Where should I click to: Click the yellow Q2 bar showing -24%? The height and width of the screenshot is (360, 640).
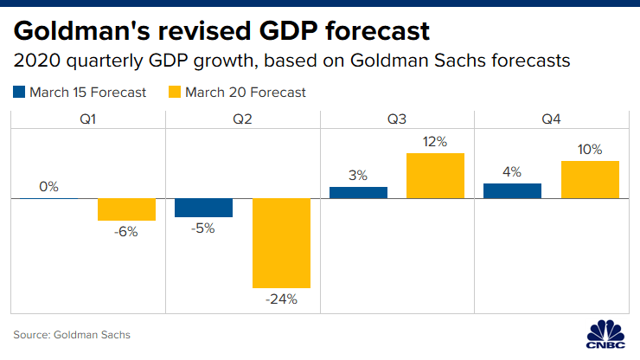click(x=282, y=243)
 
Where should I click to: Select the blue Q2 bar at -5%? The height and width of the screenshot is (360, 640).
click(x=203, y=208)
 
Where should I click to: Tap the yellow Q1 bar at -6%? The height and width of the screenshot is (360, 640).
click(x=126, y=209)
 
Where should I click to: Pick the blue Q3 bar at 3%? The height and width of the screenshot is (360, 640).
click(x=358, y=192)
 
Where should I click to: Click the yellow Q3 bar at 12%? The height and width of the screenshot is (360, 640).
click(x=435, y=176)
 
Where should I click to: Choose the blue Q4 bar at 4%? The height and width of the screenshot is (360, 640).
click(x=512, y=190)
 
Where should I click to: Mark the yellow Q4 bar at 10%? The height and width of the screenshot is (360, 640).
click(x=590, y=179)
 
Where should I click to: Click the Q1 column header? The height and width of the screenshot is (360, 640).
click(x=88, y=119)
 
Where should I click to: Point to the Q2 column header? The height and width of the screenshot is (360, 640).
click(x=243, y=119)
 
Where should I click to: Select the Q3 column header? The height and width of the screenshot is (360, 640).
click(x=398, y=119)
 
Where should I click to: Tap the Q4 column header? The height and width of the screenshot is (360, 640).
click(x=552, y=119)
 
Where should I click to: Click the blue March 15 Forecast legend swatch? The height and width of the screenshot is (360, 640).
click(x=19, y=91)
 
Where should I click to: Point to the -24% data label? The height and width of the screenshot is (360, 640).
click(x=282, y=299)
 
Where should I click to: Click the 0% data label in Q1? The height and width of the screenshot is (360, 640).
click(x=48, y=186)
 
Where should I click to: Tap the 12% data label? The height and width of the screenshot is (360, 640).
click(x=435, y=141)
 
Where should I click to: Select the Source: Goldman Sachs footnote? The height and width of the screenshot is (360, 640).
click(x=72, y=334)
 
